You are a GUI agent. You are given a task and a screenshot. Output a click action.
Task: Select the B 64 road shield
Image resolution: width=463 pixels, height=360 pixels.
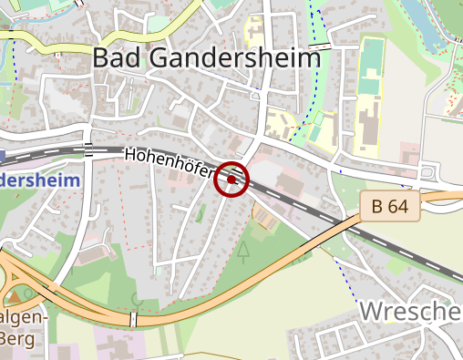point(390,207)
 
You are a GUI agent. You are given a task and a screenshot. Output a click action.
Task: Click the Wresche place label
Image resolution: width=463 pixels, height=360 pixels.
point(410,312)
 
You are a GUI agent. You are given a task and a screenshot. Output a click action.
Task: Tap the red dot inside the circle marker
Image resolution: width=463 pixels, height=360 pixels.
point(232,180)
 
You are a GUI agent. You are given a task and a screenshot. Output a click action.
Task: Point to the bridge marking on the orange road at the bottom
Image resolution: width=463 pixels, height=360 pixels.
point(134,319)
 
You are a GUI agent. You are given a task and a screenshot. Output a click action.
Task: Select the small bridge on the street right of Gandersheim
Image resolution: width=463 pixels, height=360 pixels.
point(321,45)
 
